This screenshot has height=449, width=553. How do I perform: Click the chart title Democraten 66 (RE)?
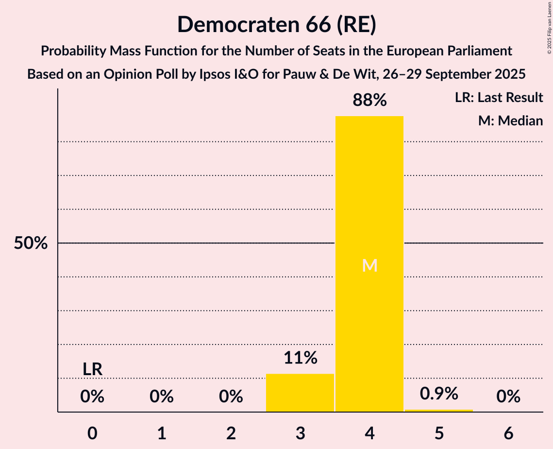(276, 24)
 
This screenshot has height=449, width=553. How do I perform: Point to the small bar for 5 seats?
(439, 411)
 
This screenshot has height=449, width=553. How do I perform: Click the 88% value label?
(369, 101)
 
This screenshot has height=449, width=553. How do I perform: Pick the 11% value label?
(300, 358)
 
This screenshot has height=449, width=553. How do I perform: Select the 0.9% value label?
(439, 394)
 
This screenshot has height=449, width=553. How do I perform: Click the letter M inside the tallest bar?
(369, 265)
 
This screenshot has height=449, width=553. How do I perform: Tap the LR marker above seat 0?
(92, 369)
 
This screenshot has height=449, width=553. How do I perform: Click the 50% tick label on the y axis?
(31, 243)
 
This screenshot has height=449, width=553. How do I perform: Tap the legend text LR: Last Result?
(499, 98)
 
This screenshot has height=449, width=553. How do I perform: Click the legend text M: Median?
(510, 121)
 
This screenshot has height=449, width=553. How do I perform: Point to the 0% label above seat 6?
(508, 397)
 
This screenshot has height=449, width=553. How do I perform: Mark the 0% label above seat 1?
(162, 397)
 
